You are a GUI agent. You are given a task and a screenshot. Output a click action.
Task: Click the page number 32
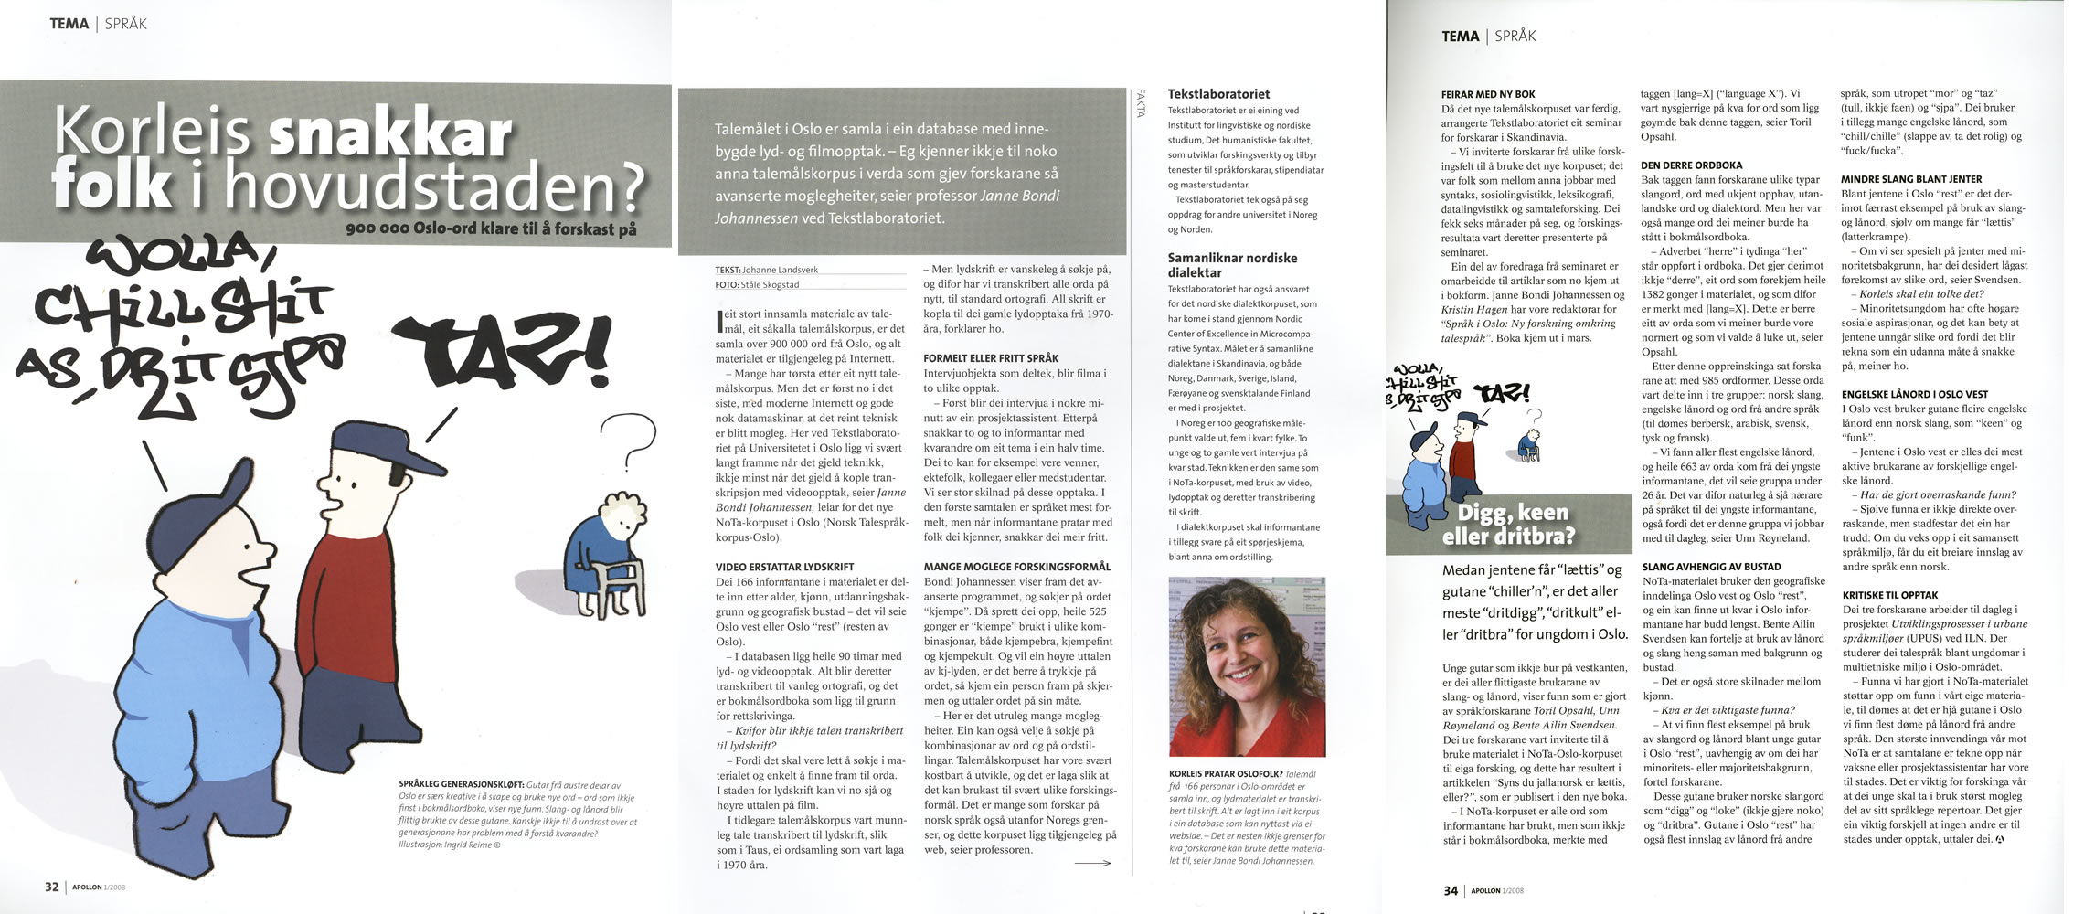coord(52,887)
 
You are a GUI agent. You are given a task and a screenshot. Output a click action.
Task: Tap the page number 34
coord(1451,890)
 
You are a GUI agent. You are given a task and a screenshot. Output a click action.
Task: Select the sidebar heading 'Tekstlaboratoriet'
coord(1218,93)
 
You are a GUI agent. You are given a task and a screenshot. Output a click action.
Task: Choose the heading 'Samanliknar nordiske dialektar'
coord(1232,265)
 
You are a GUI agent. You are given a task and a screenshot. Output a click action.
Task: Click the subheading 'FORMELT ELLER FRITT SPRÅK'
coord(991,358)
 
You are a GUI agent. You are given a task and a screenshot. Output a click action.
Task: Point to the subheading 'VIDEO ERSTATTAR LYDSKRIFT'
coord(784,567)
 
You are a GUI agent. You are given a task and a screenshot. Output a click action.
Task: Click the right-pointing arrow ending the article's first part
coord(1092,863)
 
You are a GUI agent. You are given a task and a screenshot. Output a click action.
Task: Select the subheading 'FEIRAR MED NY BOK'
coord(1488,94)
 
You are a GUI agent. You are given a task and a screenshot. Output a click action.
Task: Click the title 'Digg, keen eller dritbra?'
coord(1508,524)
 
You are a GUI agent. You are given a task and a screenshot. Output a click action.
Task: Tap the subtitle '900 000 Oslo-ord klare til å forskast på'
coord(491,229)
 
